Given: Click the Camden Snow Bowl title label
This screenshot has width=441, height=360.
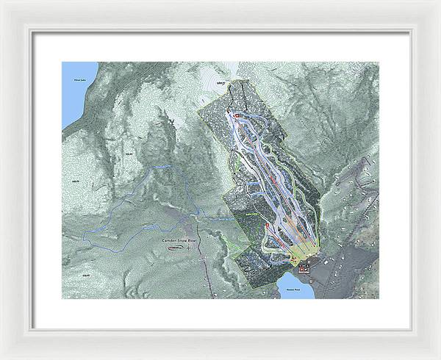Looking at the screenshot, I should click(x=180, y=240).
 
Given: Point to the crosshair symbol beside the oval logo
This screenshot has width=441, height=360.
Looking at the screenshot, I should click(x=188, y=248).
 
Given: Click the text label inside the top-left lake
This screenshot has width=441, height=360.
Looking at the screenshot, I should click(x=71, y=77).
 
